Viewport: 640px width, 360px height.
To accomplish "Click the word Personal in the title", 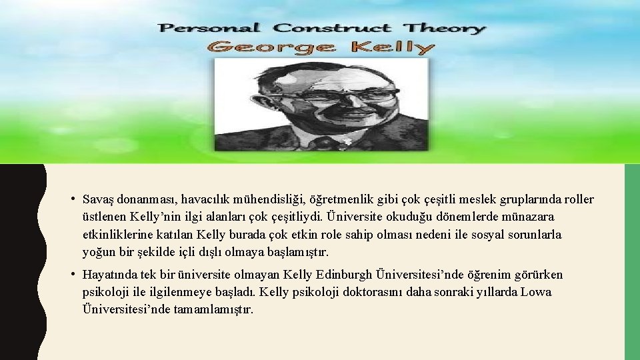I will pos(208,28).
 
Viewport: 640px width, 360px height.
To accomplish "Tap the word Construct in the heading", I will pos(332,28).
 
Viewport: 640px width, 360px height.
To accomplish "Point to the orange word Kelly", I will pos(393,47).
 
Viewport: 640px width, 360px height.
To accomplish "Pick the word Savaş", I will pos(97,200).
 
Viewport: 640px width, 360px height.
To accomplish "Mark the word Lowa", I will pos(537,292).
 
